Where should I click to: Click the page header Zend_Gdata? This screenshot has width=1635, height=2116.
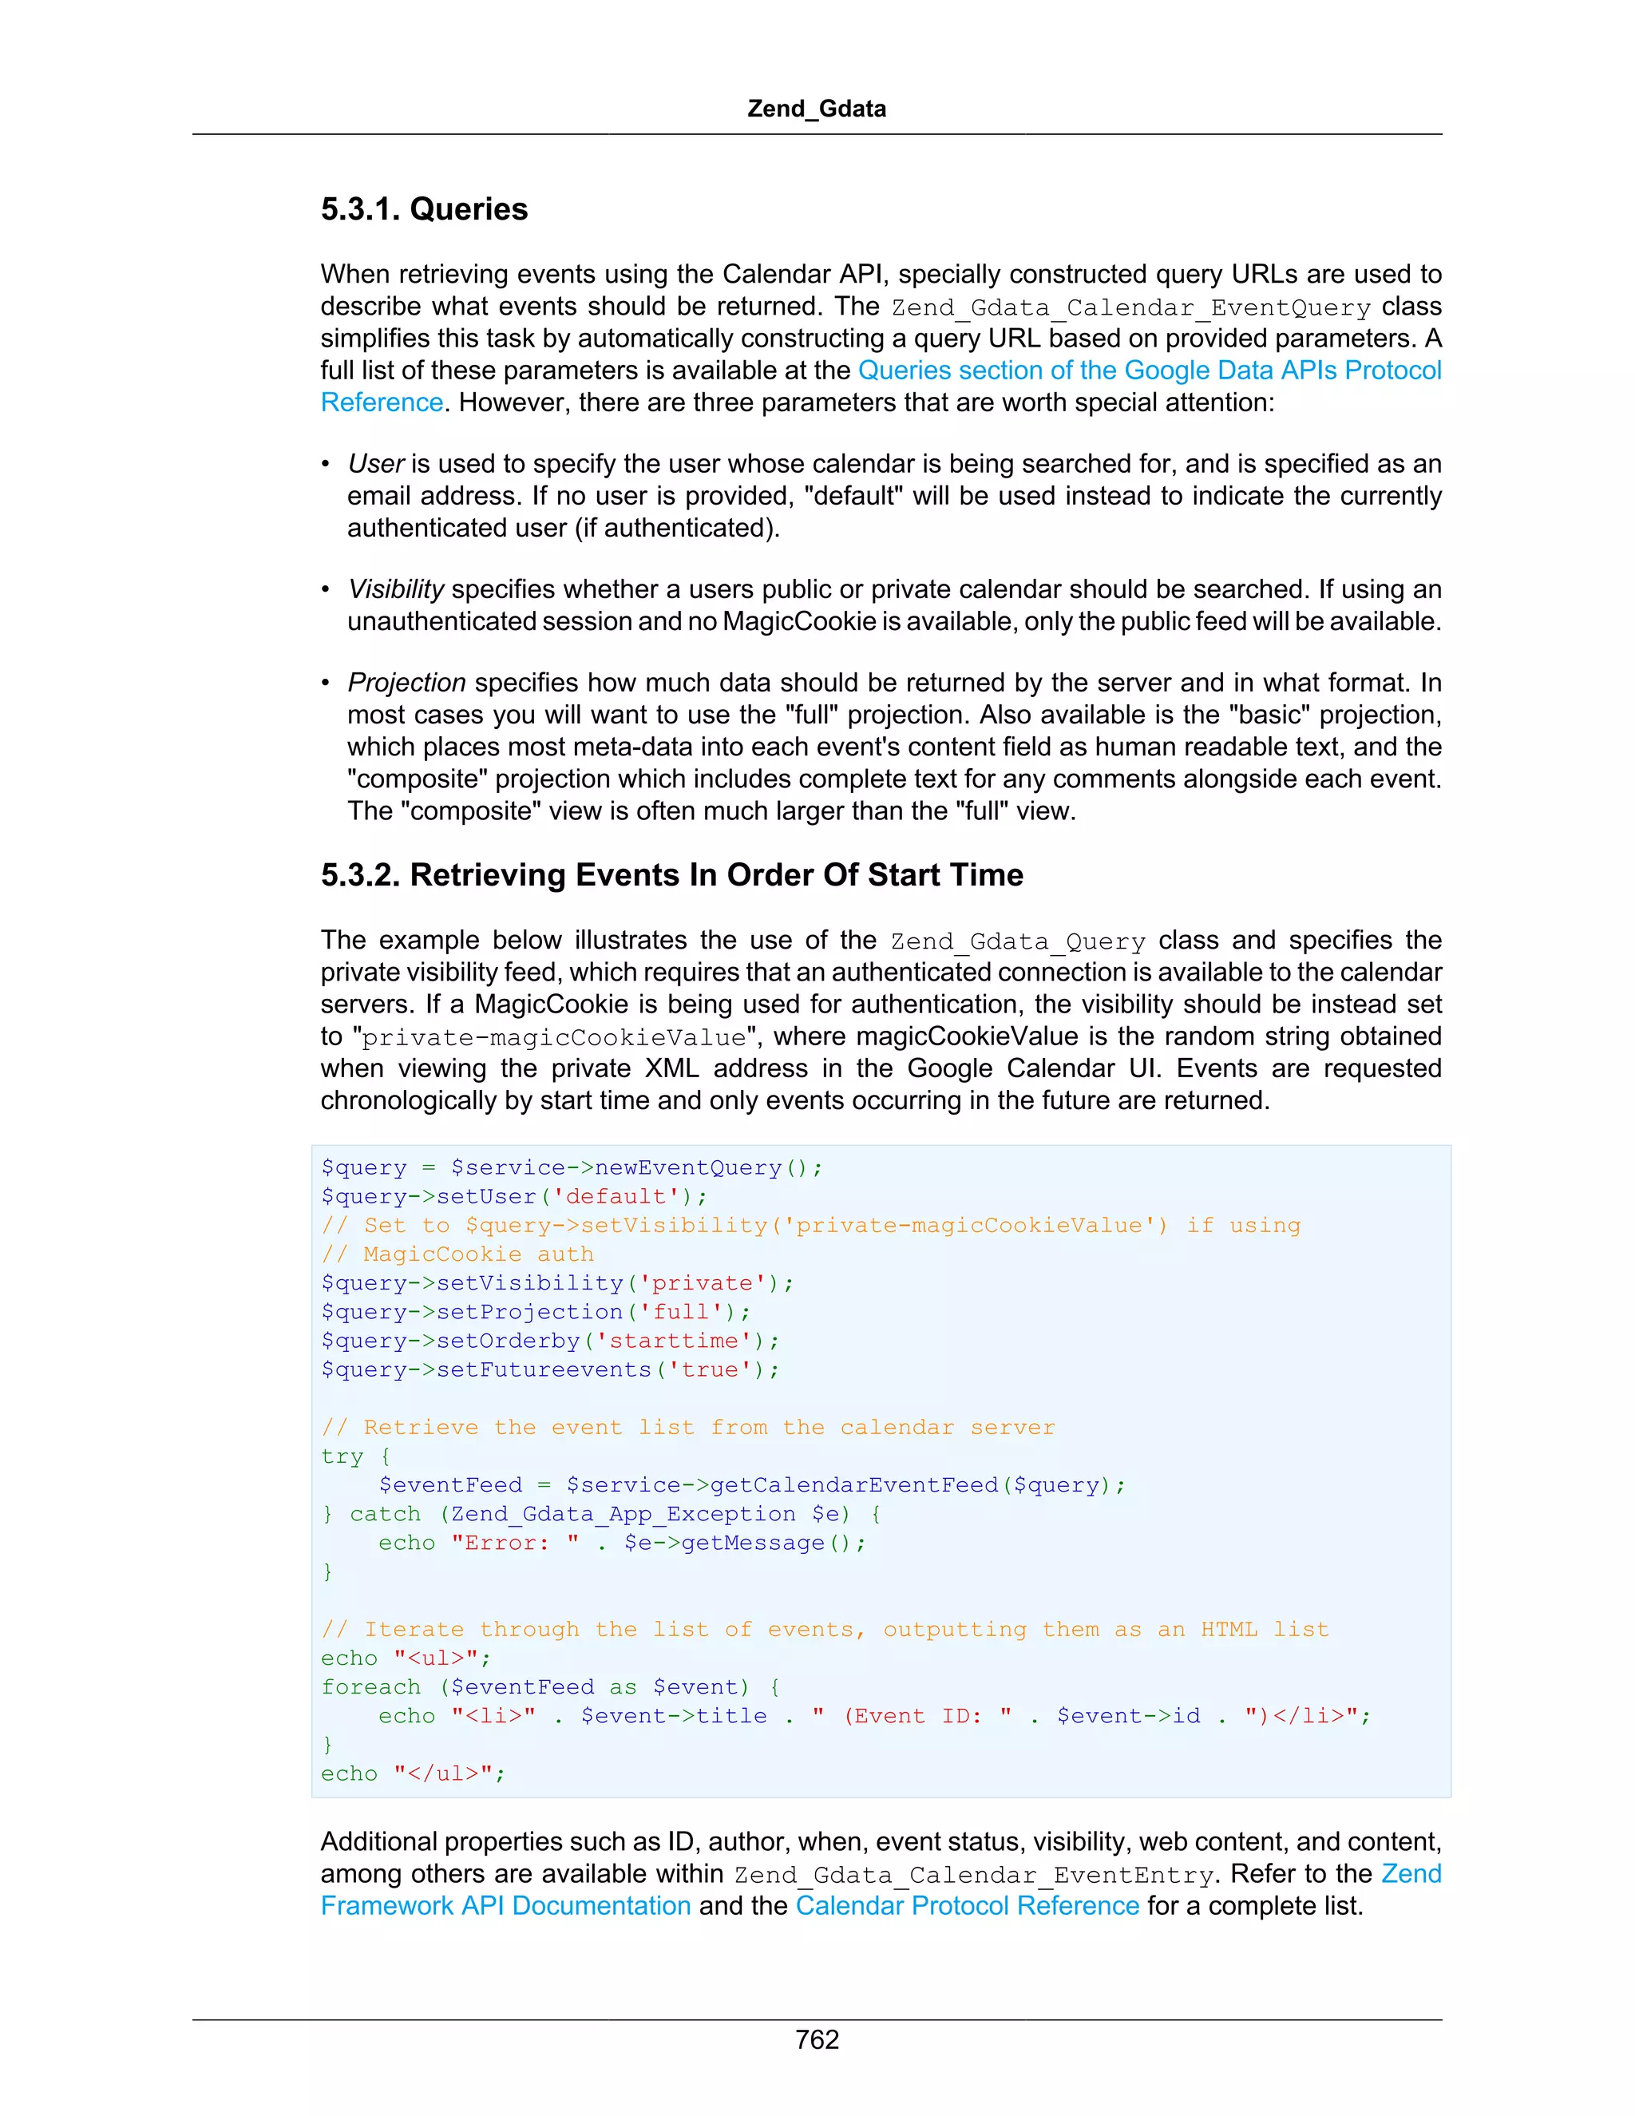(x=817, y=109)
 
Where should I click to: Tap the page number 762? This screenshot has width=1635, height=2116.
(x=817, y=2039)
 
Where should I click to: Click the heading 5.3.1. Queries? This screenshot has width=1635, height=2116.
(x=424, y=209)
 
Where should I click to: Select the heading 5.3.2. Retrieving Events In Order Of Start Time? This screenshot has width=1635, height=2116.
(x=671, y=875)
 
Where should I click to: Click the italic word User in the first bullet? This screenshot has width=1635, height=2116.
(x=375, y=464)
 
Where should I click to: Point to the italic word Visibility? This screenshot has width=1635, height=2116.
(x=395, y=590)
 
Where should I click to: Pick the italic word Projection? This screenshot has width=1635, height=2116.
(x=407, y=683)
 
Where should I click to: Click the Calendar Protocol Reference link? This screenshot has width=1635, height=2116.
(x=967, y=1906)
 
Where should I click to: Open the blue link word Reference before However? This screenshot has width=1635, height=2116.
(x=382, y=403)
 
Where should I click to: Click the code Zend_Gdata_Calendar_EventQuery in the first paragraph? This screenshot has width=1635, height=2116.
(x=1130, y=308)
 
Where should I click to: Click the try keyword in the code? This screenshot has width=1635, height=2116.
(x=342, y=1456)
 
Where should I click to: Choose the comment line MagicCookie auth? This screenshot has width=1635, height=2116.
(x=457, y=1254)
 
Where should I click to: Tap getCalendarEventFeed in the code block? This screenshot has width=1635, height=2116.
(x=853, y=1485)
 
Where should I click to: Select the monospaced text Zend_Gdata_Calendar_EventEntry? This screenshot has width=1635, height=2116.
(x=972, y=1876)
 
